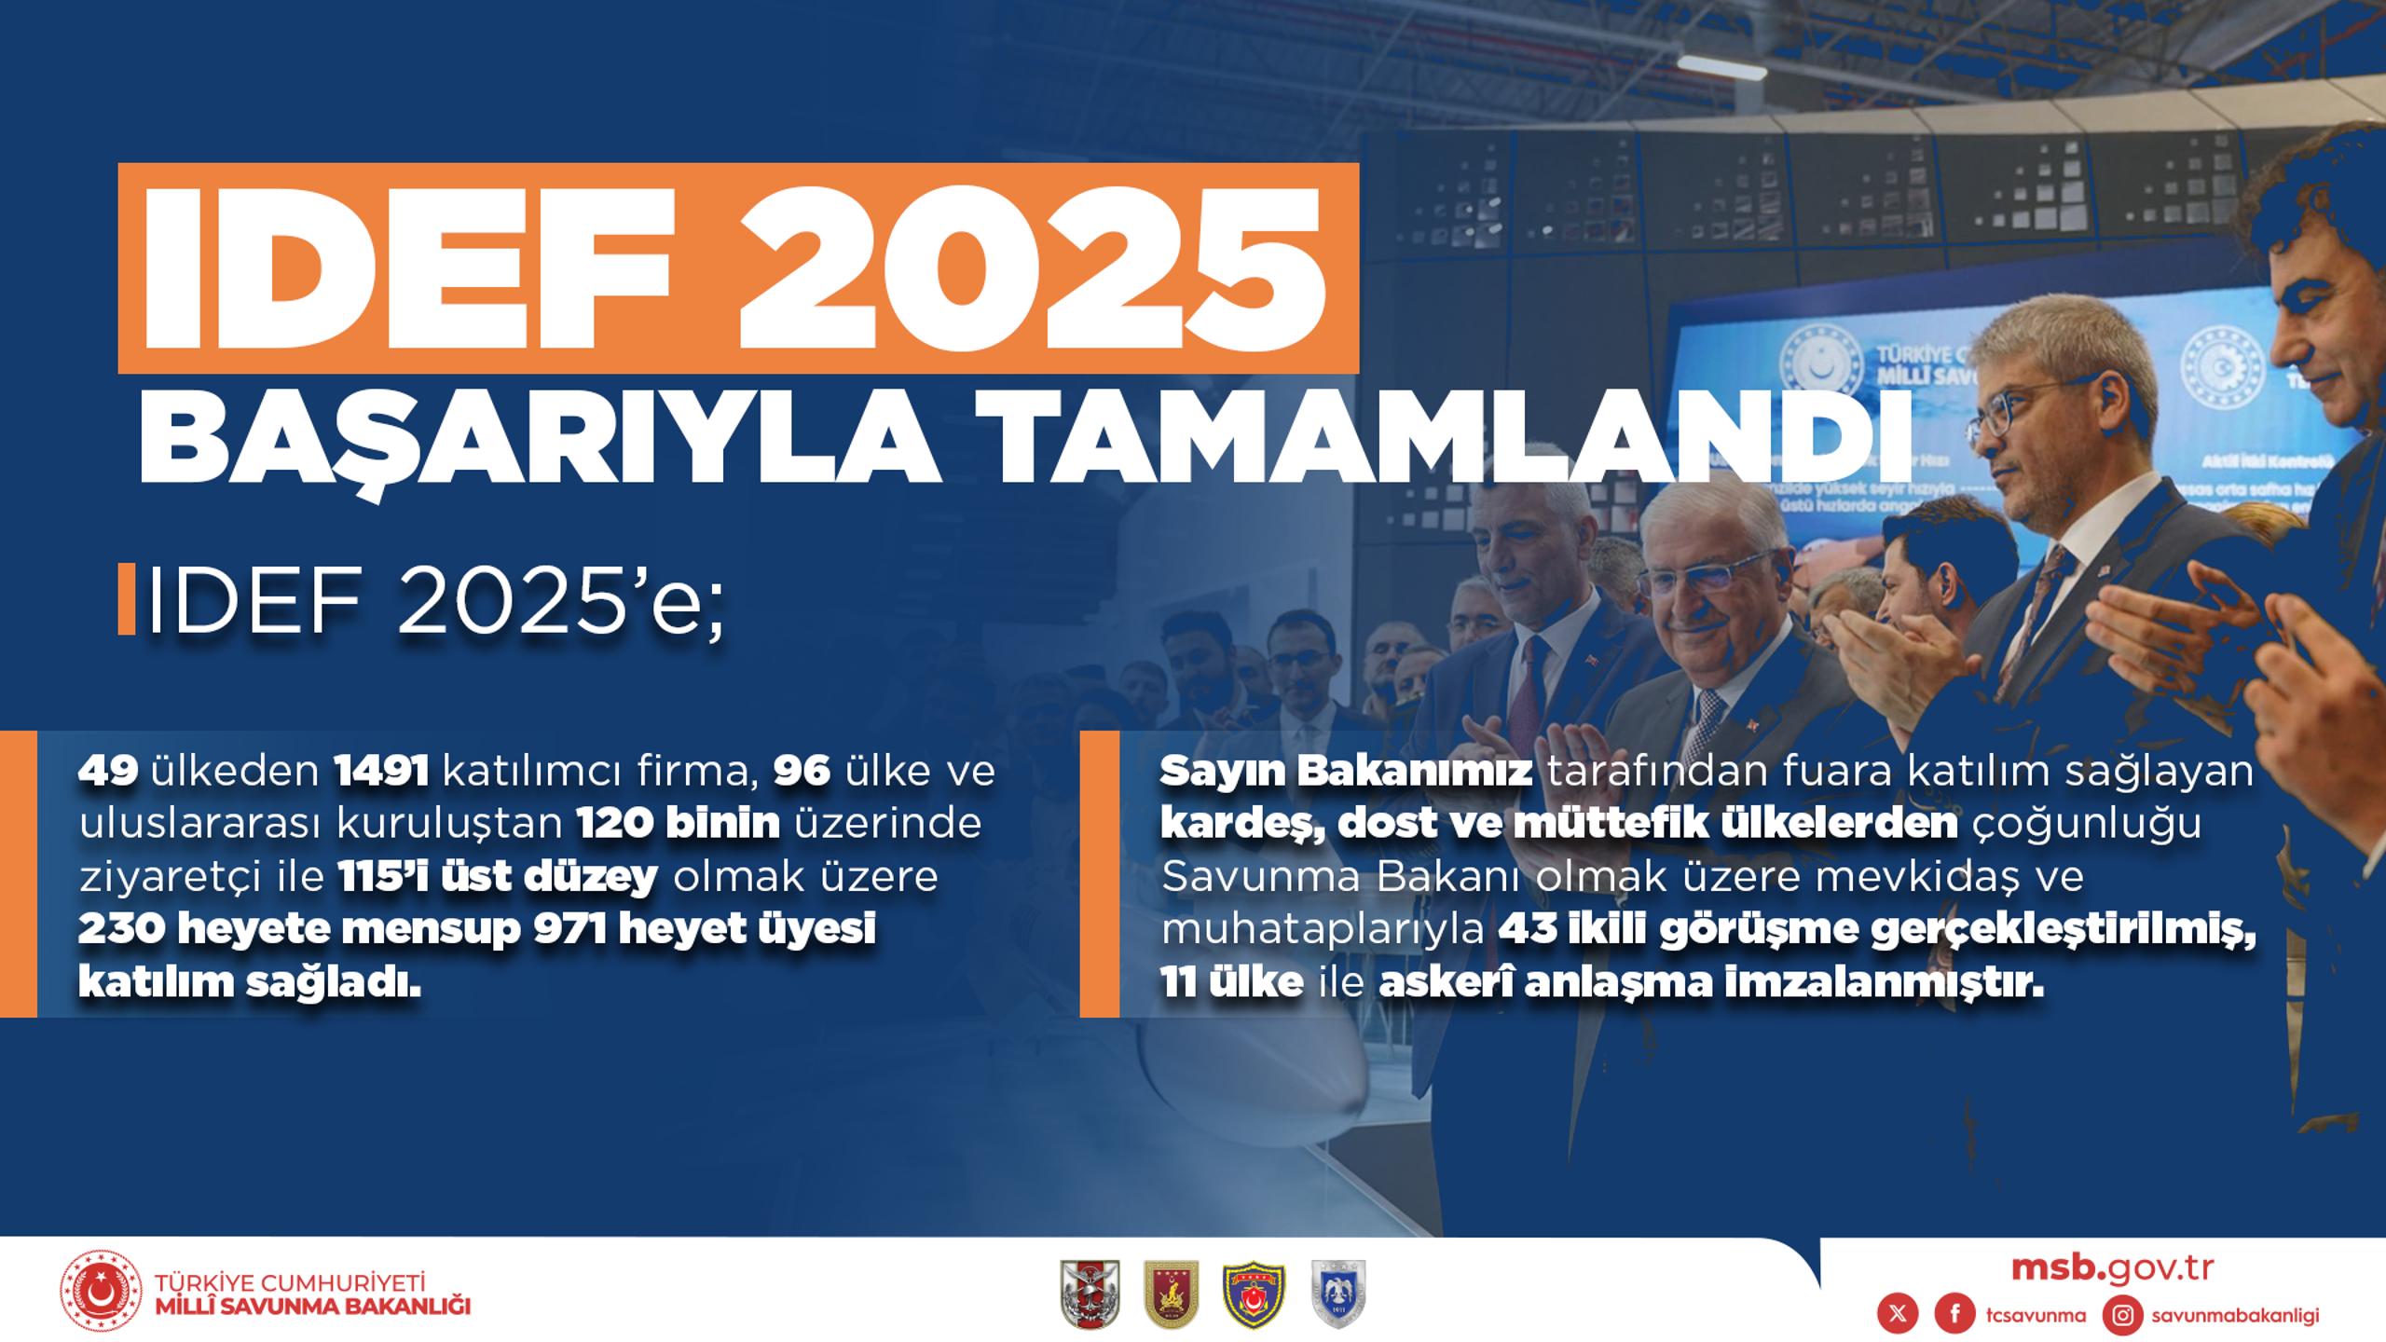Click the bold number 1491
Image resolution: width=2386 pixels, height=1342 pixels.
pyautogui.click(x=381, y=771)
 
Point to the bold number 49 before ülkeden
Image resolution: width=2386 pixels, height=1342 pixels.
pyautogui.click(x=108, y=771)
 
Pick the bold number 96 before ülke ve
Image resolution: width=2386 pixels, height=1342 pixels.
pyautogui.click(x=802, y=771)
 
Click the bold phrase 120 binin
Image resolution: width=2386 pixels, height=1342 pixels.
pyautogui.click(x=678, y=824)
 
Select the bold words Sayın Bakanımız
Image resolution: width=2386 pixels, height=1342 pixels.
pyautogui.click(x=1346, y=772)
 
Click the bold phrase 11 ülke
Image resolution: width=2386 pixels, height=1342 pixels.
pyautogui.click(x=1231, y=983)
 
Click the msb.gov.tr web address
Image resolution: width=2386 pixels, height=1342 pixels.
pyautogui.click(x=2112, y=1269)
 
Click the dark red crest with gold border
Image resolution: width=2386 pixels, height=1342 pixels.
pyautogui.click(x=1172, y=1294)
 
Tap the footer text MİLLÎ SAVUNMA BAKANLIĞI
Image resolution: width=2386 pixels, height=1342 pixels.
pyautogui.click(x=313, y=1306)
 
